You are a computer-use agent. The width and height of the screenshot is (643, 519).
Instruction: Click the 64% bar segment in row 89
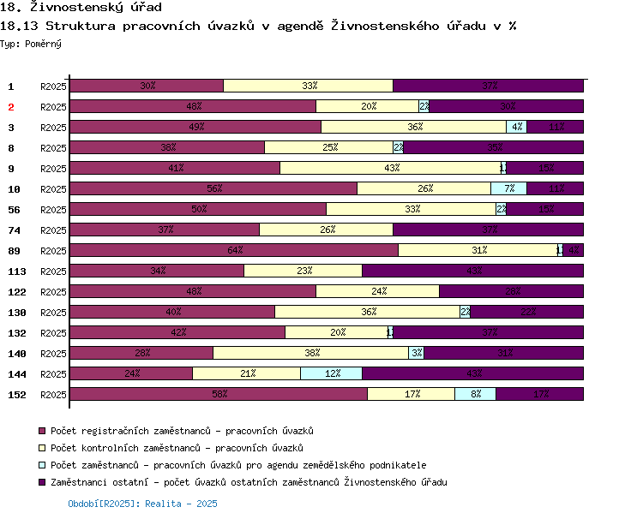pyautogui.click(x=234, y=250)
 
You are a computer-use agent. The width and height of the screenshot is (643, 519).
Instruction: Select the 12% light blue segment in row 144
pyautogui.click(x=331, y=373)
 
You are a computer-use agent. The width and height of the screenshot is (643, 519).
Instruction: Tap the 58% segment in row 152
pyautogui.click(x=219, y=394)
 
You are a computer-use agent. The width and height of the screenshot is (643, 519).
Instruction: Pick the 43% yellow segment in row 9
pyautogui.click(x=390, y=168)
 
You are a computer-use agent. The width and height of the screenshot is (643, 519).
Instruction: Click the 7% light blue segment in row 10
pyautogui.click(x=508, y=188)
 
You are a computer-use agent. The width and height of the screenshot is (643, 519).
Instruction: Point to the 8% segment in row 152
pyautogui.click(x=475, y=394)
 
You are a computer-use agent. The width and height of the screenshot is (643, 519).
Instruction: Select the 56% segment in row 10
pyautogui.click(x=213, y=188)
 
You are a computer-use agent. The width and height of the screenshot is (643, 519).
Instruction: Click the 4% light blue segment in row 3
pyautogui.click(x=516, y=127)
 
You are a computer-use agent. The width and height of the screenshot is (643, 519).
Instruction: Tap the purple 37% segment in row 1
pyautogui.click(x=488, y=86)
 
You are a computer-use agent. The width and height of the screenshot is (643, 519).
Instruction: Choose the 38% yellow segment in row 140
pyautogui.click(x=311, y=353)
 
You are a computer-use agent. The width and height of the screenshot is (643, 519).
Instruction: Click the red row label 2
pyautogui.click(x=11, y=107)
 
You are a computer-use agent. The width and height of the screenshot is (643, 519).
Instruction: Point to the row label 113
pyautogui.click(x=16, y=271)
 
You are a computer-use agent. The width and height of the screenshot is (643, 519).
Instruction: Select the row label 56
pyautogui.click(x=14, y=210)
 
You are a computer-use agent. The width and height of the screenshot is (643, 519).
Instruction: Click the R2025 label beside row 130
pyautogui.click(x=53, y=313)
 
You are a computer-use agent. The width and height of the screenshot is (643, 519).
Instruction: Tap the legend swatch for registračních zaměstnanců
pyautogui.click(x=41, y=431)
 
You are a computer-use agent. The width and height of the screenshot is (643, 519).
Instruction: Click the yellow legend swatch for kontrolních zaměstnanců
pyautogui.click(x=41, y=448)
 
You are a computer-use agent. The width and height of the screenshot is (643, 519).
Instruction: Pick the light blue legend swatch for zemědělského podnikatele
pyautogui.click(x=41, y=465)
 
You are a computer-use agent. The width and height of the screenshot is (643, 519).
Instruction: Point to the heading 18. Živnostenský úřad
pyautogui.click(x=81, y=8)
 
